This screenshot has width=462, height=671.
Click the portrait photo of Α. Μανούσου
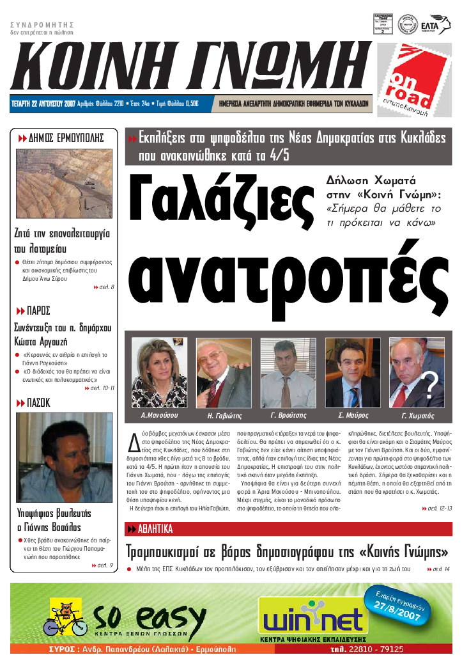coord(158,373)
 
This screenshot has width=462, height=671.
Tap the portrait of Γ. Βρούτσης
coord(288,373)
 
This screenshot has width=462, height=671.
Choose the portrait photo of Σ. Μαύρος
coord(353,373)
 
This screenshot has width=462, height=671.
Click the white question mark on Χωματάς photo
coord(431,386)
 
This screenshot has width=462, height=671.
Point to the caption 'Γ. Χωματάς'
coord(417,415)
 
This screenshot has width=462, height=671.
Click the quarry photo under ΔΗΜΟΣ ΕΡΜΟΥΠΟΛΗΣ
coord(63,183)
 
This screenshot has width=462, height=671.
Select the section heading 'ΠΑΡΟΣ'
coord(38,311)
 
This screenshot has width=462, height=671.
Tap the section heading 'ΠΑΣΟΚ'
coord(38,402)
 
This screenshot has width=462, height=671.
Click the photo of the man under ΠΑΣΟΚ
coord(63,457)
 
